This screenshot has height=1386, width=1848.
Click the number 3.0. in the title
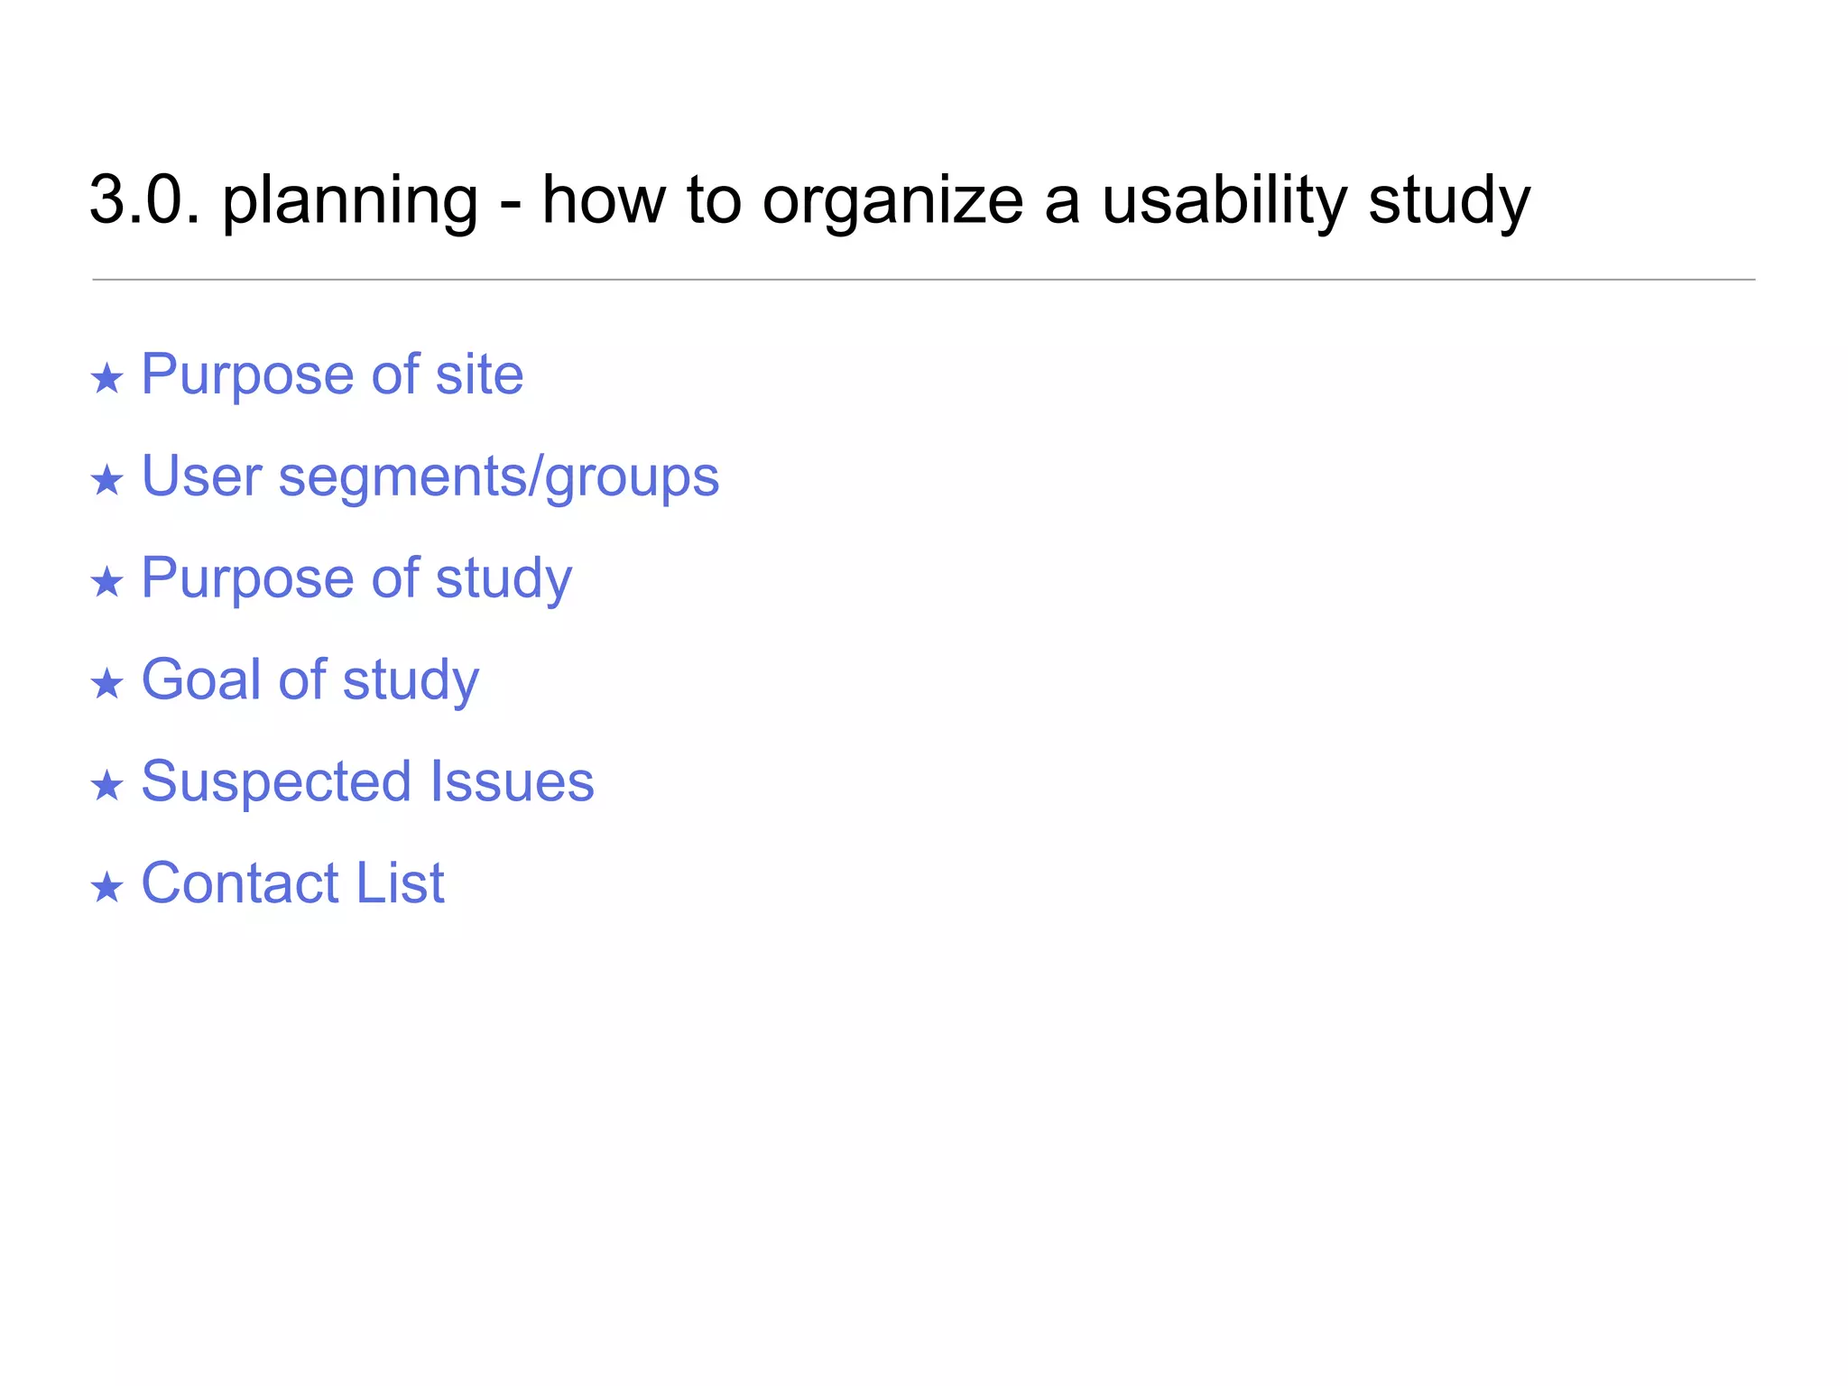pos(144,200)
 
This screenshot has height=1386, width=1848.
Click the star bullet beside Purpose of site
pos(106,378)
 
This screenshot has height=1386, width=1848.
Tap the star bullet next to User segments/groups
pos(106,480)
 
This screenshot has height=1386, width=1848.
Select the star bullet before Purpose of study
pos(106,582)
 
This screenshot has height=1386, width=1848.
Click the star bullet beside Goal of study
pos(106,684)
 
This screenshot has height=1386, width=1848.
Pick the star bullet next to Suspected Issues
pos(106,785)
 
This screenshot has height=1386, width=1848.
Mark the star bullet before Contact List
pos(106,887)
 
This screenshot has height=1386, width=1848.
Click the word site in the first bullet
pos(479,374)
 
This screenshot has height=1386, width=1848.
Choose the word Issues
pos(512,781)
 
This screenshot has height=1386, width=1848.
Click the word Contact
pos(239,882)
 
